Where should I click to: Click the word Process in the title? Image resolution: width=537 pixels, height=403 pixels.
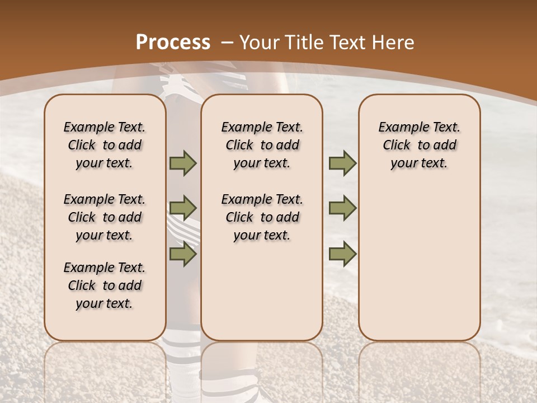click(173, 43)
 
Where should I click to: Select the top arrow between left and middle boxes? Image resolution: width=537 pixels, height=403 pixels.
click(183, 163)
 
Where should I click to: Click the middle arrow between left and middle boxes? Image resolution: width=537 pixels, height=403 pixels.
click(183, 208)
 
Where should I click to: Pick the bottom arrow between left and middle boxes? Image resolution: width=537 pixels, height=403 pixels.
click(183, 254)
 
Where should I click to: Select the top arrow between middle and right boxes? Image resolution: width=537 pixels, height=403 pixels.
click(342, 163)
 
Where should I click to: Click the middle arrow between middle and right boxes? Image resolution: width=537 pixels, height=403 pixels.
click(342, 208)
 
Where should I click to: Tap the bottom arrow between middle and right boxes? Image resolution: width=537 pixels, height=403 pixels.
click(342, 254)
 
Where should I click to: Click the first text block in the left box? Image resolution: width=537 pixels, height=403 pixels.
click(105, 145)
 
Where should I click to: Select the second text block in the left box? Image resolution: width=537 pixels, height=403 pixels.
click(105, 217)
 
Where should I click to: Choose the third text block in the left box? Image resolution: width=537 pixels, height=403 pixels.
click(105, 285)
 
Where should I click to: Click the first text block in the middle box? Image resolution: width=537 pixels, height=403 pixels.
click(262, 145)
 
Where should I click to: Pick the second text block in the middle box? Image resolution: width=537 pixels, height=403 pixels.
click(262, 217)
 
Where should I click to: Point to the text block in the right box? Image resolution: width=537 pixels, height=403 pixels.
click(420, 145)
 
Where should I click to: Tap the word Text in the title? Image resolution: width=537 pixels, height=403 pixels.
click(347, 43)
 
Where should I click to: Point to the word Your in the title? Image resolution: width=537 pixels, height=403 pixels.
click(260, 43)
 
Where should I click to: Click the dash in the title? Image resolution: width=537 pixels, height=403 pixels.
click(227, 43)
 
